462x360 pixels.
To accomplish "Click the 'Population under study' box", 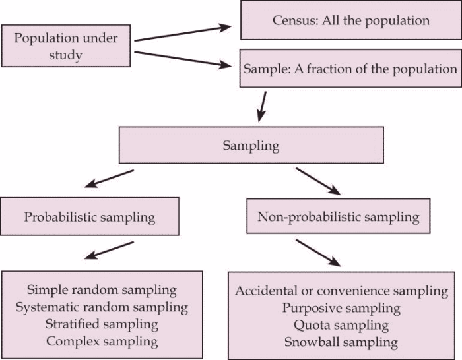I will click(66, 46).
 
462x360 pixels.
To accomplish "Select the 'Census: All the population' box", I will click(350, 20).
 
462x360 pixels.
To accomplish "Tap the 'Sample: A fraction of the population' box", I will click(350, 69).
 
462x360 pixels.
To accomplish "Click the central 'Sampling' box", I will click(251, 145).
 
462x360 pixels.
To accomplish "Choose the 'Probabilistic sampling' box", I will click(89, 216).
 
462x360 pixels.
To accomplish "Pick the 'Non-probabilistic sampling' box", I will click(339, 216).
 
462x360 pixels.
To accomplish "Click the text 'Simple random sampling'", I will click(102, 289).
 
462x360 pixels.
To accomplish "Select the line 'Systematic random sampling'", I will click(102, 307).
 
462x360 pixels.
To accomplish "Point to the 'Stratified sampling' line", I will click(102, 324).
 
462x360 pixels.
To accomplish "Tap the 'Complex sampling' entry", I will click(102, 341).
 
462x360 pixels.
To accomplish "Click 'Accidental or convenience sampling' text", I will click(341, 291).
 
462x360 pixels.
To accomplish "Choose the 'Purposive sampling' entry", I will click(341, 308).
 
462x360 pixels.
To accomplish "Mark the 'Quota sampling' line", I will click(341, 325).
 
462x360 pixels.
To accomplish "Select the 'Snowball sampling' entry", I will click(341, 342).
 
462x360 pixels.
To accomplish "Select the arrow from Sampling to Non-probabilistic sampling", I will click(318, 181).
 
